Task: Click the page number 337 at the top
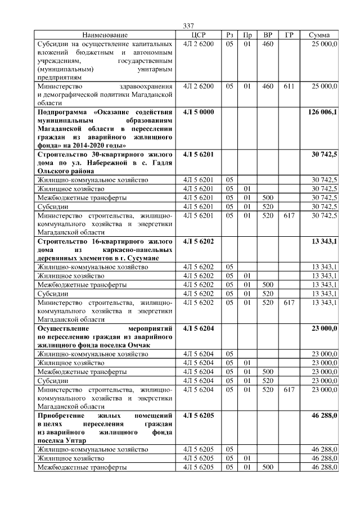click(189, 26)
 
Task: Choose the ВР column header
click(268, 35)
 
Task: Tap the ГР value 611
click(289, 86)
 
